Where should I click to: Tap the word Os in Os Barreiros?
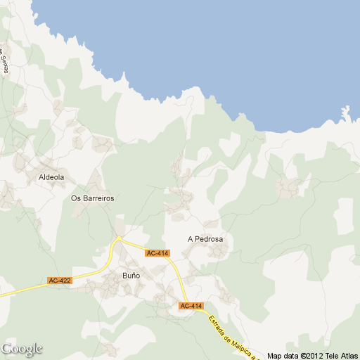coord(77,198)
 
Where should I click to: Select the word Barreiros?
coord(98,198)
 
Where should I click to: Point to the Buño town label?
coord(131,275)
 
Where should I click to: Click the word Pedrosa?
coord(209,239)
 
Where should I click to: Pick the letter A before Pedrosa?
coord(191,239)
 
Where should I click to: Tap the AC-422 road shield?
coord(59,281)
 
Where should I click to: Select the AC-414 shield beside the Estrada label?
coord(191,306)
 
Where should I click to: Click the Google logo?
coord(22,349)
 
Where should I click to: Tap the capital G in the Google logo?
coord(6,349)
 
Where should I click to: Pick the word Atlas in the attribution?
coord(350,356)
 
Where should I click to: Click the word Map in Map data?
coord(274,356)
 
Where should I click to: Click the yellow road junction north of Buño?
coord(119,238)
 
